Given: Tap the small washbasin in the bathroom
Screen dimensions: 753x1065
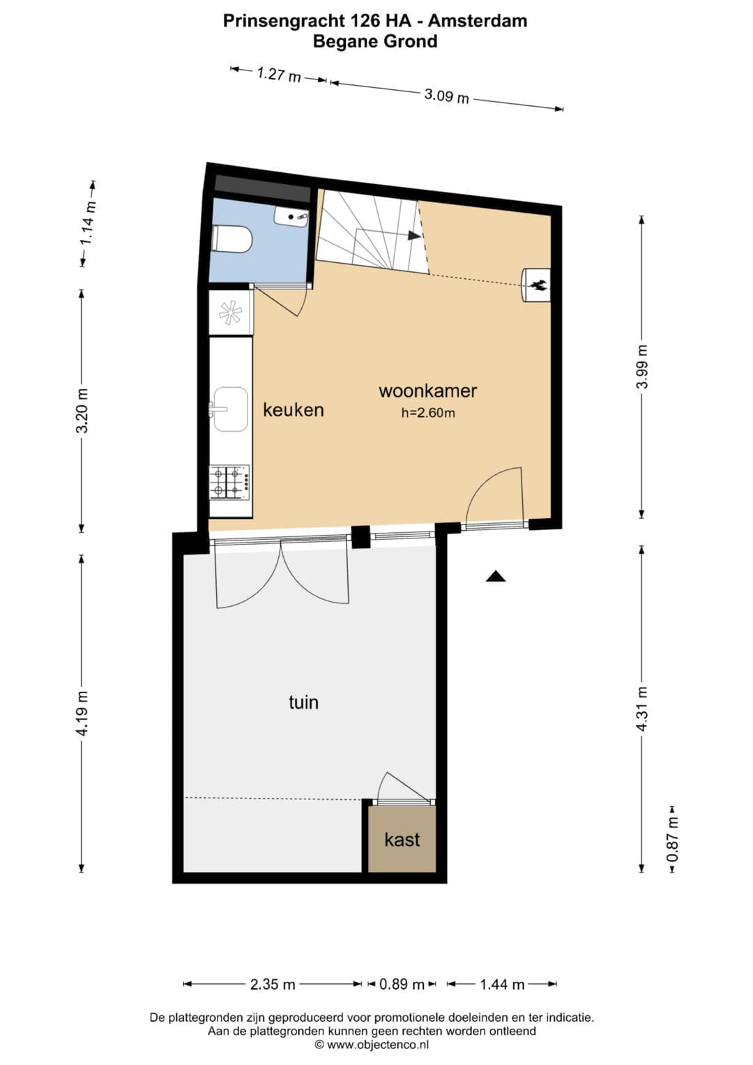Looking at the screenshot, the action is (x=291, y=217).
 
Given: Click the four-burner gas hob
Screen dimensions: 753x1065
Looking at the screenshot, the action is (x=230, y=482).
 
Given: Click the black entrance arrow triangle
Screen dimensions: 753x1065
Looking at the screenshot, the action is (x=495, y=576).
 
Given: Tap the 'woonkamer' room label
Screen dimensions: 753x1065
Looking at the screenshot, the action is (x=428, y=391).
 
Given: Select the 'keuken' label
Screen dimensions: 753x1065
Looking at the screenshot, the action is (x=294, y=410).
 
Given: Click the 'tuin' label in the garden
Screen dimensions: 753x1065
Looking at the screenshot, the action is (x=303, y=702).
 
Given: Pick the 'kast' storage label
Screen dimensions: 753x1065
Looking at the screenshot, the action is (x=402, y=840).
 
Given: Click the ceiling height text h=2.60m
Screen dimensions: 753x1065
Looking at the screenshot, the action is (x=428, y=413).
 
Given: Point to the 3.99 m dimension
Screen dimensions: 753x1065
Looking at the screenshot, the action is (x=642, y=367).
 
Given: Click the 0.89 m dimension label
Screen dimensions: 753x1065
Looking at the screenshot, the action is (x=402, y=984).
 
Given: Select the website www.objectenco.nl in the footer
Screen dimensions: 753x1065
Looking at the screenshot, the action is (x=378, y=1045).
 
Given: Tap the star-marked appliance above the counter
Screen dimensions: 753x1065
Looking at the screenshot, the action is (x=230, y=312).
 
